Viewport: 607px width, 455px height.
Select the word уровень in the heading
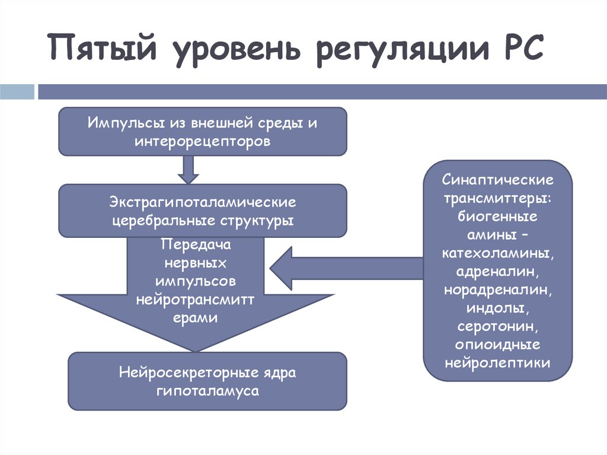pos(236,50)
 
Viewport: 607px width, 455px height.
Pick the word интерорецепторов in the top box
pos(202,142)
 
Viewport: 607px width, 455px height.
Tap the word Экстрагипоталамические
pos(202,202)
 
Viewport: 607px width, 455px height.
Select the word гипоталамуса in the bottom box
pos(207,392)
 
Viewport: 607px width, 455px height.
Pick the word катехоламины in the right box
pos(497,253)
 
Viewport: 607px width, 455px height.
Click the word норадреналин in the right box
pos(497,290)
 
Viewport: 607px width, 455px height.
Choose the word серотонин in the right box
pos(497,327)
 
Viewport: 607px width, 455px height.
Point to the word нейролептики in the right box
pos(497,362)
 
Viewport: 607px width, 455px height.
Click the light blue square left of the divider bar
pos(17,91)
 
